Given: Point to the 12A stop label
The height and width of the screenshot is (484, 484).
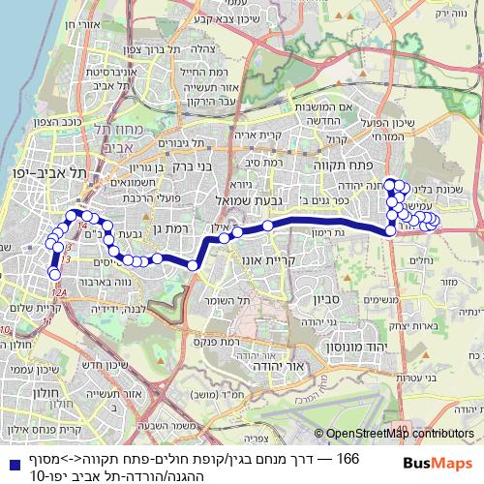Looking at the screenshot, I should point(59,291).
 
